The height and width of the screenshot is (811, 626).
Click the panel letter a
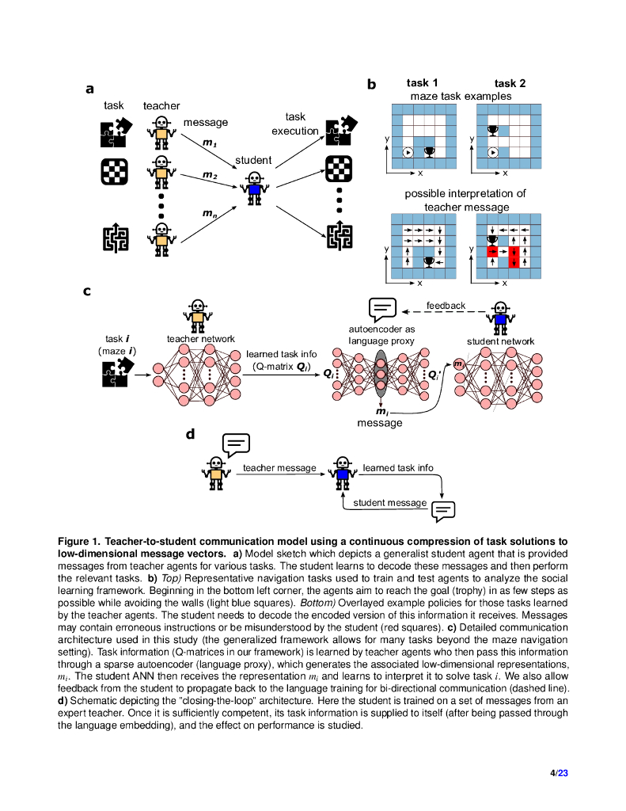click(x=90, y=89)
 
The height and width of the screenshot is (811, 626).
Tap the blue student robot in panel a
click(x=253, y=188)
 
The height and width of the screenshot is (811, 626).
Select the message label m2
click(x=209, y=175)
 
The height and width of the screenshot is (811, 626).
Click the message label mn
click(x=210, y=213)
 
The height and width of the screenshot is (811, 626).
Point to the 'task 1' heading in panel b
click(x=423, y=83)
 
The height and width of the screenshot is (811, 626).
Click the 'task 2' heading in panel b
click(x=510, y=83)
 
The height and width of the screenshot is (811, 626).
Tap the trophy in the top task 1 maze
click(x=430, y=150)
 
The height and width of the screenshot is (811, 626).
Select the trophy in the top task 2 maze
click(x=491, y=130)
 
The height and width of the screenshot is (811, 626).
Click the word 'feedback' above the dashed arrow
click(x=446, y=305)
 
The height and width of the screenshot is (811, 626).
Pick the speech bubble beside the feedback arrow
click(x=382, y=308)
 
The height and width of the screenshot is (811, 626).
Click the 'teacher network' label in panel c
click(x=200, y=339)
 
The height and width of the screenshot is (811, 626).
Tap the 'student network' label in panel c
click(x=500, y=341)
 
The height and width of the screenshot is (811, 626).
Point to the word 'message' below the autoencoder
click(x=380, y=423)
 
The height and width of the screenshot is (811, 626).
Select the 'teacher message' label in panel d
click(x=279, y=468)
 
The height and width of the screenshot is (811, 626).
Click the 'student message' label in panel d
click(x=389, y=503)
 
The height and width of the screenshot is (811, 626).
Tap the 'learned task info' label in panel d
click(x=397, y=468)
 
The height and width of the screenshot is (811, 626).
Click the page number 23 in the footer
click(x=563, y=773)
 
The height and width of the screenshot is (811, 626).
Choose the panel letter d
click(x=190, y=434)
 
